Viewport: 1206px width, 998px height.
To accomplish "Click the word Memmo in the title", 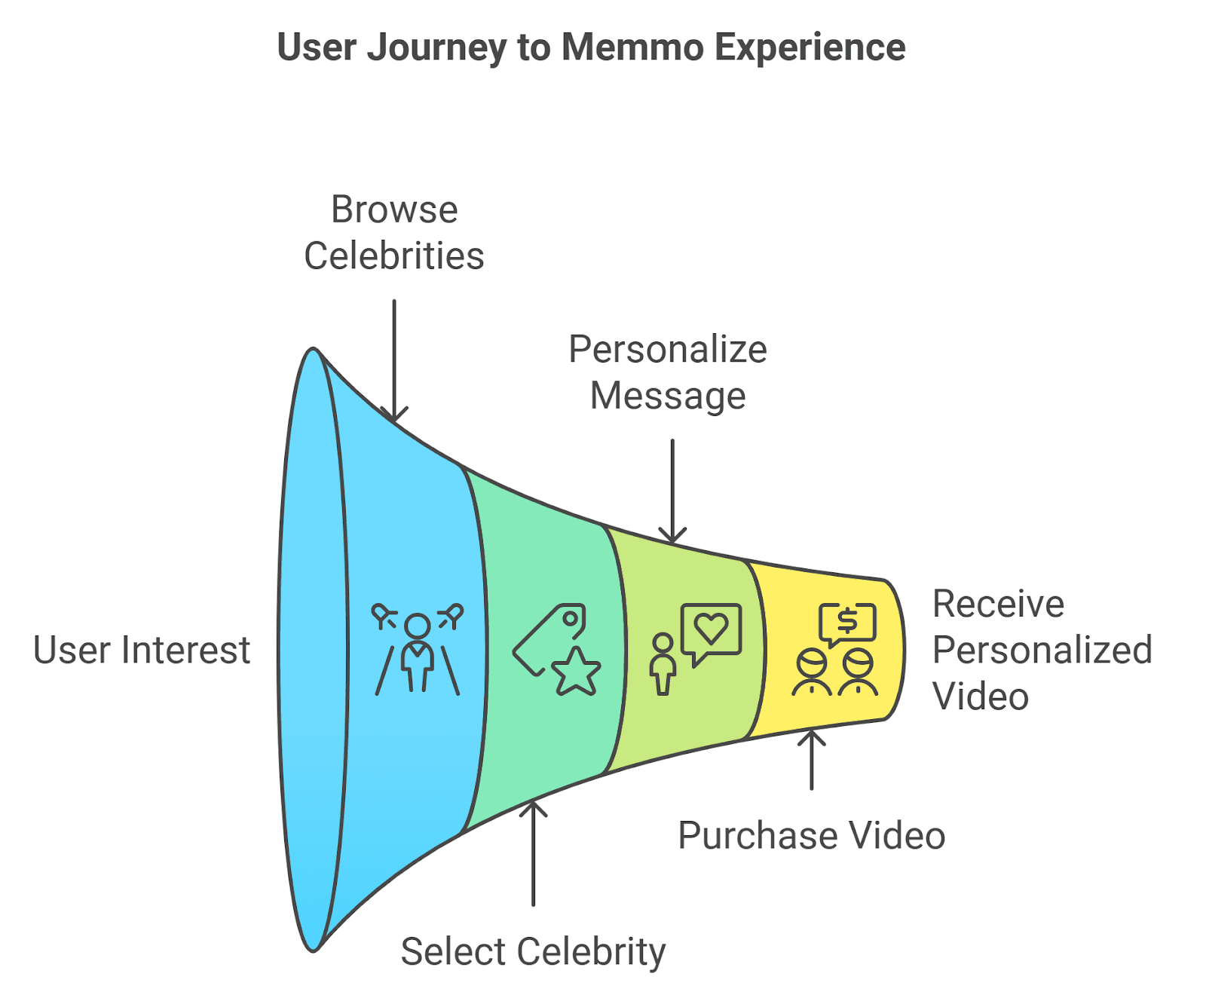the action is (632, 47).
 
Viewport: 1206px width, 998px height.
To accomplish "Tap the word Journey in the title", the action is (437, 48).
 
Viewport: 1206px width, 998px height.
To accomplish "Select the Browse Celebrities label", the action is (394, 232).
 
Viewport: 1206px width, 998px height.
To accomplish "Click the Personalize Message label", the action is (668, 372).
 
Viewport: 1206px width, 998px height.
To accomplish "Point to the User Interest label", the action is (142, 650).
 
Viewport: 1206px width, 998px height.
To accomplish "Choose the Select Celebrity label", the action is (533, 951).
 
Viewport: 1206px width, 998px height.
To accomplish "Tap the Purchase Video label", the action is (812, 835).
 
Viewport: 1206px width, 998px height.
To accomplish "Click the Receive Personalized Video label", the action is (1042, 650).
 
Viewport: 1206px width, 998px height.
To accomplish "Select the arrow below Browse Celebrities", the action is (394, 361).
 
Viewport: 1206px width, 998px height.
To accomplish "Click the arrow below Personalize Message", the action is (672, 491).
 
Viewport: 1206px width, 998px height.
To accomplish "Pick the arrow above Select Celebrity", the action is (533, 853).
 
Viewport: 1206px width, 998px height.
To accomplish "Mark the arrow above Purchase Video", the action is (812, 760).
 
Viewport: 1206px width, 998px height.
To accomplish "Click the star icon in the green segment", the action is (577, 671).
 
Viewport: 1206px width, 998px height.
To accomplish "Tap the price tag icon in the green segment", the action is (549, 638).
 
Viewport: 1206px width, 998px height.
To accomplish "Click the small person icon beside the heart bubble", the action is (663, 663).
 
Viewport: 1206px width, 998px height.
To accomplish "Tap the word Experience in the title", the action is (810, 48).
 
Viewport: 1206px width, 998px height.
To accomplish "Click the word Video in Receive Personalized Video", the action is (981, 696).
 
